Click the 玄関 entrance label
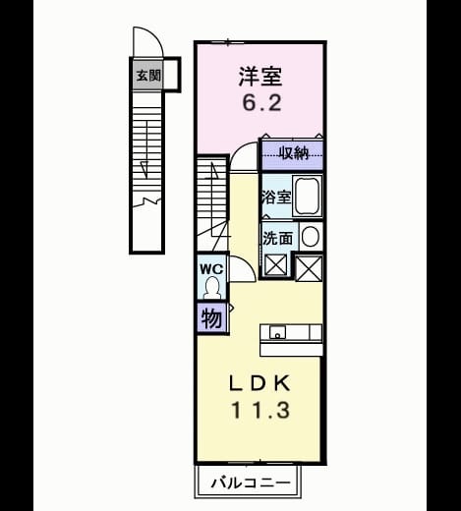148,76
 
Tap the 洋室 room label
260,77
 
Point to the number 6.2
261,102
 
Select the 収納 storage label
294,152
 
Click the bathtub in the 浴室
307,196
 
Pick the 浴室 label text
276,198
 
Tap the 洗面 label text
277,238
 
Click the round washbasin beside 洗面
310,236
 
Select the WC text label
211,269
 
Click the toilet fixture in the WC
212,287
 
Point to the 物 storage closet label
211,318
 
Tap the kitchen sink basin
277,332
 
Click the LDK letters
259,383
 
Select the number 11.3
260,411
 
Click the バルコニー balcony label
251,483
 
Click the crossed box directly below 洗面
276,265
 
